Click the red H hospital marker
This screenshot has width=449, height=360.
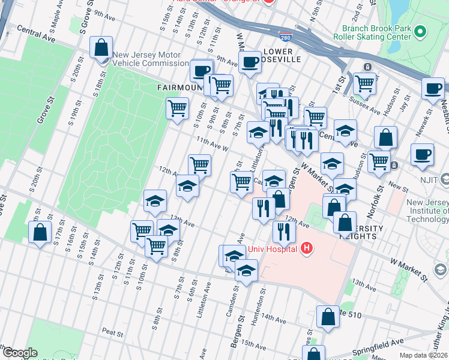307,248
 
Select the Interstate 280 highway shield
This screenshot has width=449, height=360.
287,37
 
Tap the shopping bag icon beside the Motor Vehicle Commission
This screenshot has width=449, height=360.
101,47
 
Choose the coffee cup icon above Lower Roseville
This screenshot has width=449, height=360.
250,61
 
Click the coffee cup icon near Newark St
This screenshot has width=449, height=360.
422,154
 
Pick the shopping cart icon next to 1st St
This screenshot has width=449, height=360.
364,83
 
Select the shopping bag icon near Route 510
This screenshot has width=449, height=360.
328,317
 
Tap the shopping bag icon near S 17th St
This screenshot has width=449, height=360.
40,233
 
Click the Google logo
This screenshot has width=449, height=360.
19,353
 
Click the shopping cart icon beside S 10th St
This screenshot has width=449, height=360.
156,245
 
